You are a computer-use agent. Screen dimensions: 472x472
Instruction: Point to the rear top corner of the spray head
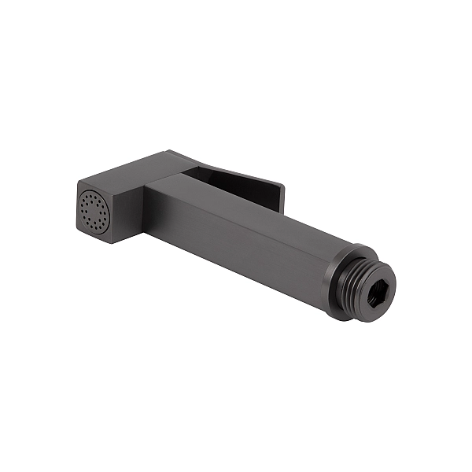point(168,151)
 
